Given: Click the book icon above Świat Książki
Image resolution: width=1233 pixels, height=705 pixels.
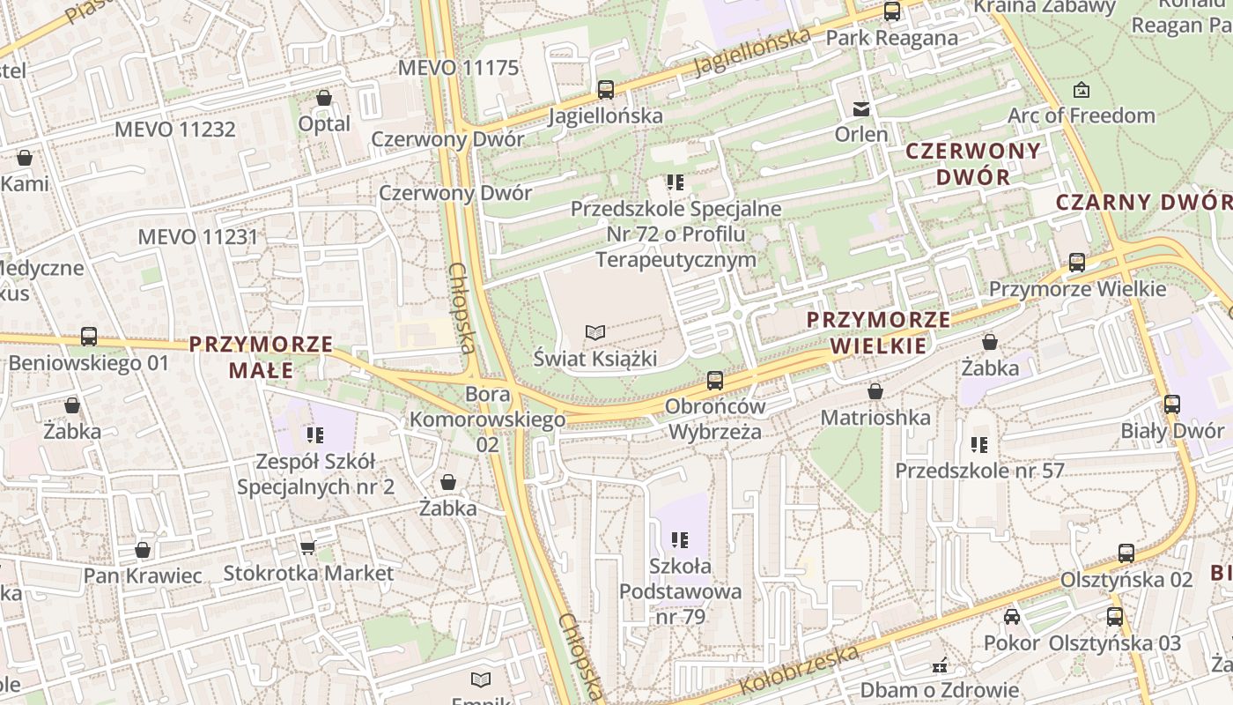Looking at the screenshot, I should point(595,332).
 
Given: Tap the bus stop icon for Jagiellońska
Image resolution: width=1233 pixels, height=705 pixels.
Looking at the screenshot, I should point(605,89).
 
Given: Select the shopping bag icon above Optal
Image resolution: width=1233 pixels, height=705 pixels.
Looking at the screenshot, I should point(324,98).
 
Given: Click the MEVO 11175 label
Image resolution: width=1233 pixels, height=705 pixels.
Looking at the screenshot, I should point(458,68).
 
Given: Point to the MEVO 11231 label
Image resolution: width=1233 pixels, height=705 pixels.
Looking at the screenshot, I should point(198,236).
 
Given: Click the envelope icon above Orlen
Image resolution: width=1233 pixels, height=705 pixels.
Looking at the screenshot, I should point(860,108).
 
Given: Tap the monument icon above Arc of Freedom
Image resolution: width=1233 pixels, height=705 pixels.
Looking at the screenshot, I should point(1081,90).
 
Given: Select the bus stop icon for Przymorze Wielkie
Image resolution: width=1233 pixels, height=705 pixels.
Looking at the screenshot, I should point(1076,263).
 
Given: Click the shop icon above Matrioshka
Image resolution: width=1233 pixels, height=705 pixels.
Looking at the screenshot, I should point(875,391).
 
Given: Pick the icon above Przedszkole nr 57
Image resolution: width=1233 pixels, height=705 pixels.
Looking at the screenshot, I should point(979,445).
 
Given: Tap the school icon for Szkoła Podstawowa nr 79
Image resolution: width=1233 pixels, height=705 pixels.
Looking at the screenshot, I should point(679,539).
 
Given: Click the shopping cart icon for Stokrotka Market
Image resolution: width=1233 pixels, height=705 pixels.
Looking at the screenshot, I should point(308,548).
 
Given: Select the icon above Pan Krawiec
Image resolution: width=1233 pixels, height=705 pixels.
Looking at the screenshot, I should point(143,551).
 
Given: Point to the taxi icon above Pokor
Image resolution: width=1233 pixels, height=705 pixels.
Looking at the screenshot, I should point(1012,617).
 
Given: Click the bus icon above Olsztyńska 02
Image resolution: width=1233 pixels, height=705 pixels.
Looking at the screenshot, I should point(1126,553).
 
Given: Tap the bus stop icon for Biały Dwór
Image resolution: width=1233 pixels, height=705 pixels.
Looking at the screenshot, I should point(1171,404).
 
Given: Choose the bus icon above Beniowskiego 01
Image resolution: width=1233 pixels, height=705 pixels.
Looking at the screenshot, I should point(88,337).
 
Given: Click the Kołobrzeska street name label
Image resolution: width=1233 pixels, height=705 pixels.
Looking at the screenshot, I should point(799,669).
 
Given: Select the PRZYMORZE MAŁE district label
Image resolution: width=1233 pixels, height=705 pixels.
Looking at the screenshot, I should point(262,356).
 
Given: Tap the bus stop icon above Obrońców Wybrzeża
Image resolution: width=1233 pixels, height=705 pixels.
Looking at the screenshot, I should point(715,381).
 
